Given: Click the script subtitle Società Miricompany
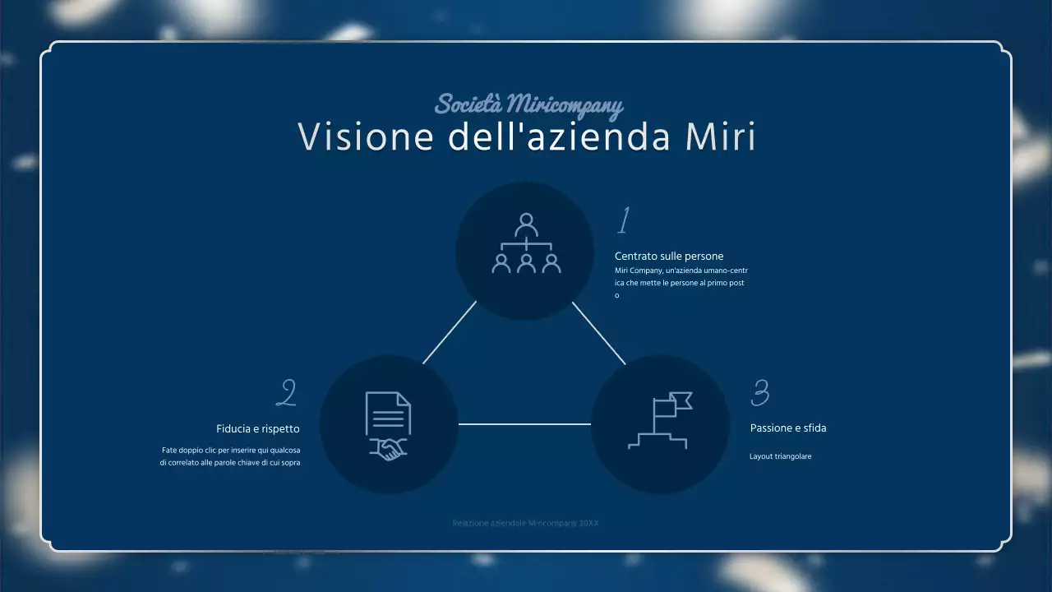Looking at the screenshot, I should pyautogui.click(x=528, y=105).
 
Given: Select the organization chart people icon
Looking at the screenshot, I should pyautogui.click(x=526, y=244).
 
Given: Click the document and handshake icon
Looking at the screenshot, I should pyautogui.click(x=388, y=425).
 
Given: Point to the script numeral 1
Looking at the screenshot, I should pyautogui.click(x=624, y=221).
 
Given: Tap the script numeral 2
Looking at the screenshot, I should pyautogui.click(x=286, y=393).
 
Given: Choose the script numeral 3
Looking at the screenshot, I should pyautogui.click(x=760, y=393).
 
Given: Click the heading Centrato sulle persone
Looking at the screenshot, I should pyautogui.click(x=669, y=257).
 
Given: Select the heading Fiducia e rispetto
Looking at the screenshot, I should pyautogui.click(x=258, y=429).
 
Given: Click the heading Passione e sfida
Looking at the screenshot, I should pyautogui.click(x=788, y=428).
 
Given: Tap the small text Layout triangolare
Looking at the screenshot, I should pyautogui.click(x=780, y=456).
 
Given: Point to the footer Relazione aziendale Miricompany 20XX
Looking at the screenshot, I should pyautogui.click(x=525, y=523).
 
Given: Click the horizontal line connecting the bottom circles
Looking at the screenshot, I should pyautogui.click(x=524, y=424).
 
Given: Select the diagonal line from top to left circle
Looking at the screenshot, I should pyautogui.click(x=450, y=332).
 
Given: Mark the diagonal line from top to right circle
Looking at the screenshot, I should pyautogui.click(x=598, y=332).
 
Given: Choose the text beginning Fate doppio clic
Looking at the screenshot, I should pyautogui.click(x=230, y=456).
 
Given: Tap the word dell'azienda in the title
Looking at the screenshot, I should pyautogui.click(x=559, y=137).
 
